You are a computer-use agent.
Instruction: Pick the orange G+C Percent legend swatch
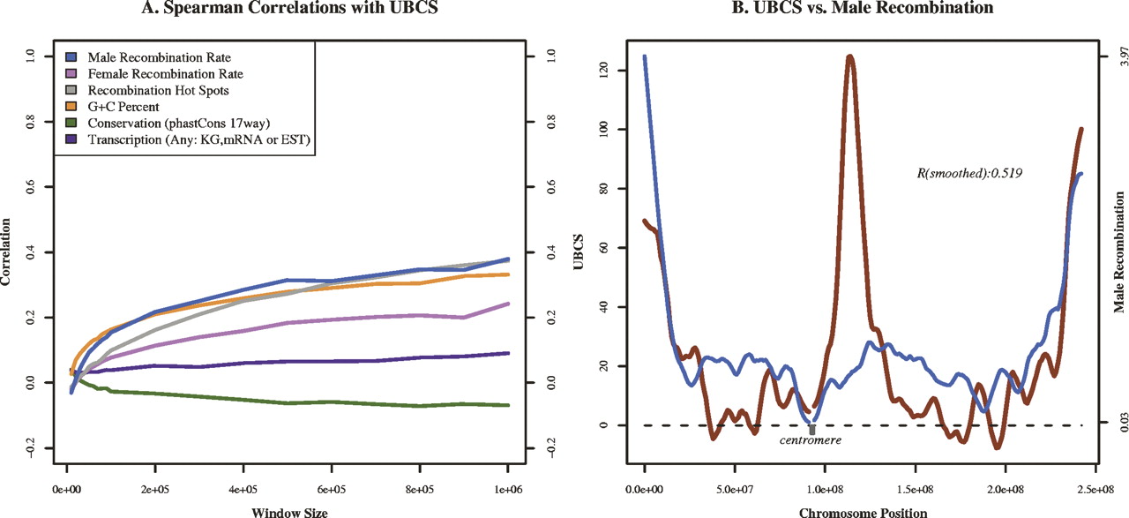[68, 107]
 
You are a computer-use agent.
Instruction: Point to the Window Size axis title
[288, 509]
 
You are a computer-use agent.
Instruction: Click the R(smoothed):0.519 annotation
[975, 175]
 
